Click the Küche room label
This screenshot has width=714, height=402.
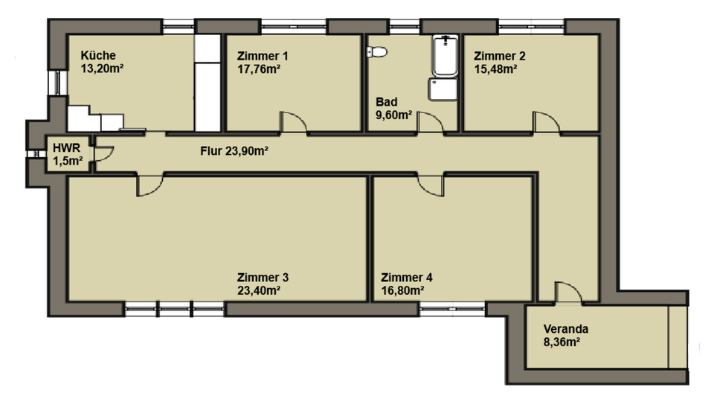click(97, 55)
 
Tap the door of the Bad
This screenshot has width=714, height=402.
click(430, 122)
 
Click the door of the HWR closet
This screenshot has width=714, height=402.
click(104, 152)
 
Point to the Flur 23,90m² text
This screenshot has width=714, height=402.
click(234, 151)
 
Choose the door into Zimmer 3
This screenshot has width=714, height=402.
click(149, 185)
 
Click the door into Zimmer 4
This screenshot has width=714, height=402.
click(431, 185)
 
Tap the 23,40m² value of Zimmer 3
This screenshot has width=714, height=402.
click(258, 290)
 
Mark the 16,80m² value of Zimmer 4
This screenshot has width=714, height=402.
click(402, 290)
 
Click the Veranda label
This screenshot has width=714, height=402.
click(565, 328)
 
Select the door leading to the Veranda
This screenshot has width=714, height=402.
click(568, 293)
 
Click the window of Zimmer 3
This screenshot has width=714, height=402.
click(174, 308)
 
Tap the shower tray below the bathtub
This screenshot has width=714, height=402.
click(442, 89)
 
